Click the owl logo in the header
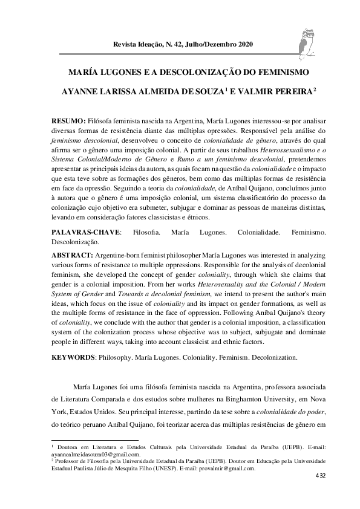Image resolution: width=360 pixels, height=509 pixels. point(308,42)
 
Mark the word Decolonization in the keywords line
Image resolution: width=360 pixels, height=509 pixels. point(271,357)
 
